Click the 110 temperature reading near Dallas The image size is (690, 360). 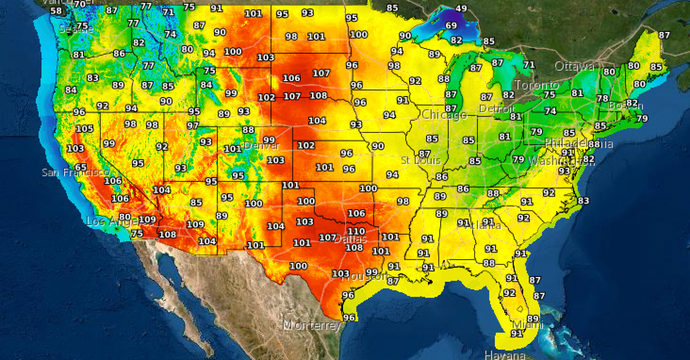pyautogui.click(x=356, y=231)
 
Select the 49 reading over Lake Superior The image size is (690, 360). pyautogui.click(x=461, y=8)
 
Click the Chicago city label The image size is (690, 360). pyautogui.click(x=444, y=115)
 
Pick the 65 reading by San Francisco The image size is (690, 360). pyautogui.click(x=81, y=167)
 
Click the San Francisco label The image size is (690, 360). pyautogui.click(x=75, y=173)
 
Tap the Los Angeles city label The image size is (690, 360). pyautogui.click(x=113, y=221)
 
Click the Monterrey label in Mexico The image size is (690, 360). pyautogui.click(x=312, y=325)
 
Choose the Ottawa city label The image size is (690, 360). pyautogui.click(x=574, y=66)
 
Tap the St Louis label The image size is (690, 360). pyautogui.click(x=421, y=161)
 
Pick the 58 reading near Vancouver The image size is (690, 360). pyautogui.click(x=56, y=11)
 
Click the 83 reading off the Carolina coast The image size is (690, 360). pyautogui.click(x=583, y=201)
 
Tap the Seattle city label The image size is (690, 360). pyautogui.click(x=76, y=30)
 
